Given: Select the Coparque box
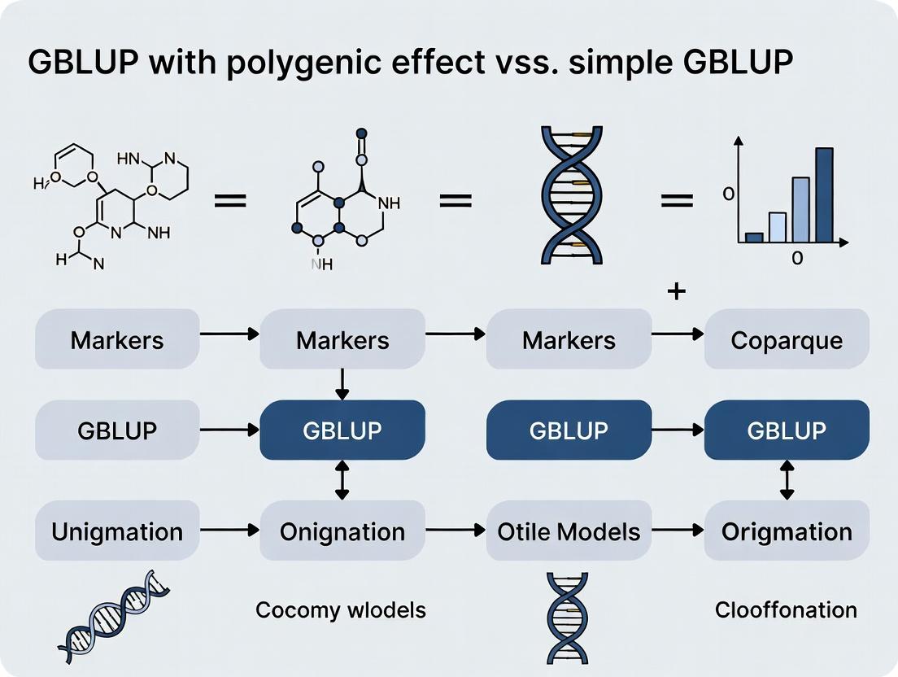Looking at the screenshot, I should [786, 339].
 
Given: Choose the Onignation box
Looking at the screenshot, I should [342, 532].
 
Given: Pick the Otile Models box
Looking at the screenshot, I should [569, 532].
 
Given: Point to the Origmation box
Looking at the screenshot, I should [786, 532].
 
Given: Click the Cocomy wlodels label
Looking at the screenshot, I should [340, 609].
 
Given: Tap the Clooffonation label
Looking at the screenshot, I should [786, 609].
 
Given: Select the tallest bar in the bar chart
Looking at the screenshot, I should [824, 195].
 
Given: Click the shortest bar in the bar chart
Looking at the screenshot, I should [754, 238].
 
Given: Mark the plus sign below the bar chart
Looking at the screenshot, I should [676, 290].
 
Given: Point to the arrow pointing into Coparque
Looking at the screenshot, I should [678, 334].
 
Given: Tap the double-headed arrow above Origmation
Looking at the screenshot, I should [787, 480].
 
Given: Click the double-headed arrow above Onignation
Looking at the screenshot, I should [342, 480].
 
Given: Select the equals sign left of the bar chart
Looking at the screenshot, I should [676, 199].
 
